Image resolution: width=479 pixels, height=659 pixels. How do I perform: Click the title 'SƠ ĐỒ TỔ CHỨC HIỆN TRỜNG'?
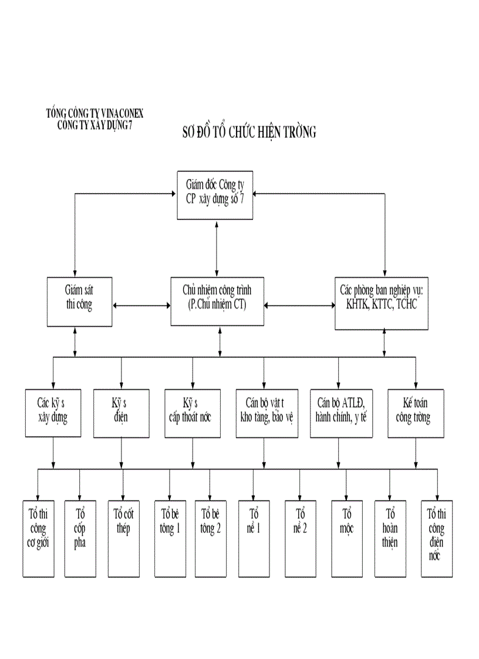(x=249, y=132)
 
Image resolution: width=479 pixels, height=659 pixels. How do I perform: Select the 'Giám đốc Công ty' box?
(x=215, y=194)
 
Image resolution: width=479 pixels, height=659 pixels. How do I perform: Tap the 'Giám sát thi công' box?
(x=79, y=301)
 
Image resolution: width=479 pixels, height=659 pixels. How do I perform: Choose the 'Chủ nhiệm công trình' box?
(x=217, y=300)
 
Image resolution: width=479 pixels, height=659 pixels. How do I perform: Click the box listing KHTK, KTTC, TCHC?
(x=381, y=302)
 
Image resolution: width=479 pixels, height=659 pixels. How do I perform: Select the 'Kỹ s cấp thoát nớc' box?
(x=193, y=413)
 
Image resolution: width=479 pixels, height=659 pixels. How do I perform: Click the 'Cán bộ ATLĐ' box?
(x=341, y=413)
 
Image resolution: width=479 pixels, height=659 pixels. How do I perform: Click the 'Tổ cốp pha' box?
(x=80, y=538)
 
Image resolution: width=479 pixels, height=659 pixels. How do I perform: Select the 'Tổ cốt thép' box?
(x=123, y=538)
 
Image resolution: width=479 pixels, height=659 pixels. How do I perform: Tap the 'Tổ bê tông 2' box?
(x=210, y=538)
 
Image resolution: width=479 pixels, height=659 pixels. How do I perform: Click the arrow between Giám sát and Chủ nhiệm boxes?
(x=141, y=305)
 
